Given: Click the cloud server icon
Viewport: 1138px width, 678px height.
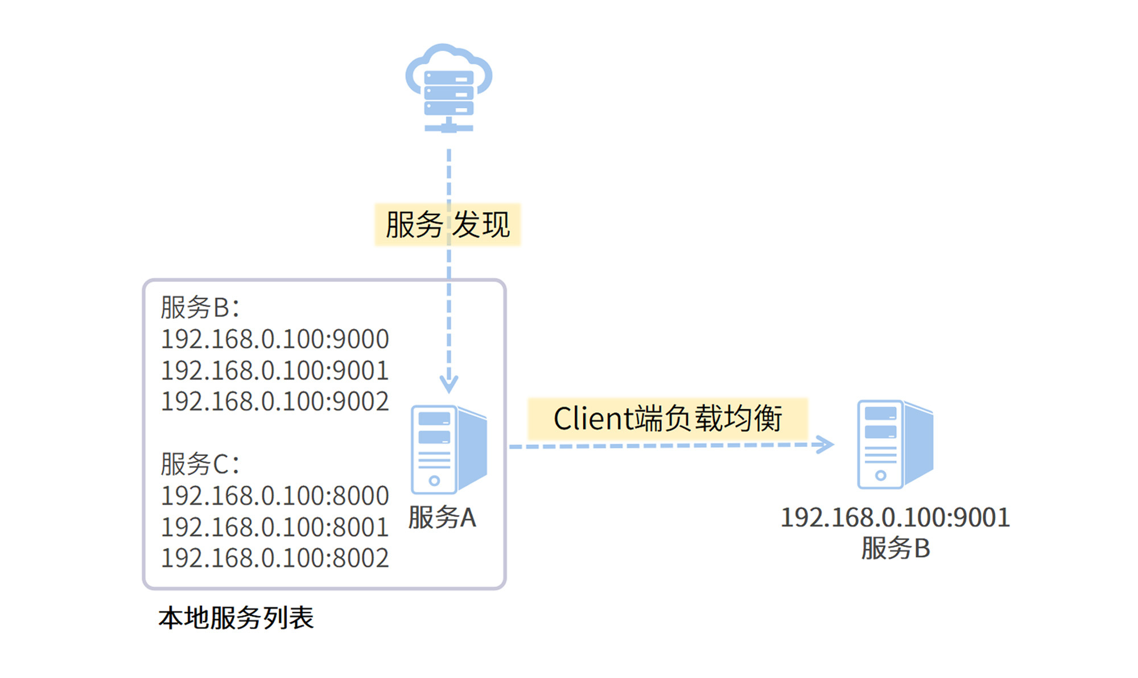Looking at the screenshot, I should tap(448, 88).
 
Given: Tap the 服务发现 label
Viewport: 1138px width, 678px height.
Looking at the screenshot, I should tap(448, 224).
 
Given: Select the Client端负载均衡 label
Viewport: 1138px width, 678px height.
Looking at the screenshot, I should tap(667, 419).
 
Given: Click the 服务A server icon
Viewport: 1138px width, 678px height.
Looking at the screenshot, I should tap(448, 449).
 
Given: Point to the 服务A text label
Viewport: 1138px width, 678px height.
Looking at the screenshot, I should tap(442, 517).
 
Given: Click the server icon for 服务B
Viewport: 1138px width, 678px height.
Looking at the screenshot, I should tap(895, 444).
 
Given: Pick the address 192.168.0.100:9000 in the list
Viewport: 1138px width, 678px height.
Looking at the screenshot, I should tap(275, 339).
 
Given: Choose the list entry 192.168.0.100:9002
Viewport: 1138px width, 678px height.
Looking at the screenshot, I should tap(275, 401).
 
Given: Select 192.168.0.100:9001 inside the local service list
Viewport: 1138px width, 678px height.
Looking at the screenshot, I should tap(275, 371).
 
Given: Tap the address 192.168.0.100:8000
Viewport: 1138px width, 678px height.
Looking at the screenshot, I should tap(275, 496).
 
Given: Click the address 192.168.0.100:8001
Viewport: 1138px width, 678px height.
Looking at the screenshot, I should tap(275, 527).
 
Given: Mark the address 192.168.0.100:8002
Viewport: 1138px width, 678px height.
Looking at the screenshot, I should tap(275, 558).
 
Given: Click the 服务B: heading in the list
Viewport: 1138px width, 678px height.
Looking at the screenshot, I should tap(200, 307).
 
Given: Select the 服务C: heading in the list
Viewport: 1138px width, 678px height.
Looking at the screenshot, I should tap(200, 464).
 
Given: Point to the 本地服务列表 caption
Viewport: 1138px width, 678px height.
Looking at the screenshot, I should tap(236, 618).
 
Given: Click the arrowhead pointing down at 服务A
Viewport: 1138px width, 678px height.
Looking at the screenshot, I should tap(449, 384).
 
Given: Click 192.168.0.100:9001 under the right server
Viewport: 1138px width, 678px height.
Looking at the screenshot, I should tap(895, 517).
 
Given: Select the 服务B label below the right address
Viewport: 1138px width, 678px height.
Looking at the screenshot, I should tap(895, 548).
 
